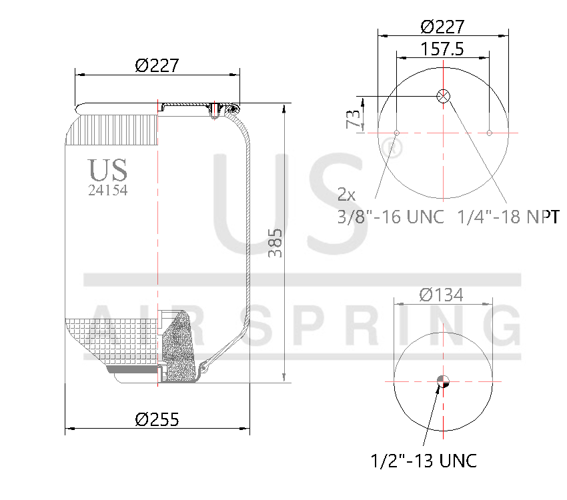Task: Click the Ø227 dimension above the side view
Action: pyautogui.click(x=157, y=65)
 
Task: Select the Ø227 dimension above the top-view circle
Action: pyautogui.click(x=442, y=27)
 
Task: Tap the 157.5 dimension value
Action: pyautogui.click(x=442, y=49)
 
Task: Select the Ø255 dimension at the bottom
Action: pyautogui.click(x=157, y=419)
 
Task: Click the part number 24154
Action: pyautogui.click(x=107, y=190)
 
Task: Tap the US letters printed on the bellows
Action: pyautogui.click(x=107, y=170)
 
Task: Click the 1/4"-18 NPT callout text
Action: pyautogui.click(x=508, y=217)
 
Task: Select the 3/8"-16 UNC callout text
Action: pyautogui.click(x=390, y=217)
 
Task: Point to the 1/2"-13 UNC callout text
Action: pyautogui.click(x=424, y=460)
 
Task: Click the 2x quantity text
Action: pyautogui.click(x=346, y=195)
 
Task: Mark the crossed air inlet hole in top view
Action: pyautogui.click(x=443, y=96)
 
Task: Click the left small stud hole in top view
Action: pyautogui.click(x=396, y=133)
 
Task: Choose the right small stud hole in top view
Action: pyautogui.click(x=489, y=133)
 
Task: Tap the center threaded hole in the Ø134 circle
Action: pyautogui.click(x=443, y=381)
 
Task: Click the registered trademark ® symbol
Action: pyautogui.click(x=394, y=148)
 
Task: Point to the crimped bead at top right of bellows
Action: pyautogui.click(x=231, y=108)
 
